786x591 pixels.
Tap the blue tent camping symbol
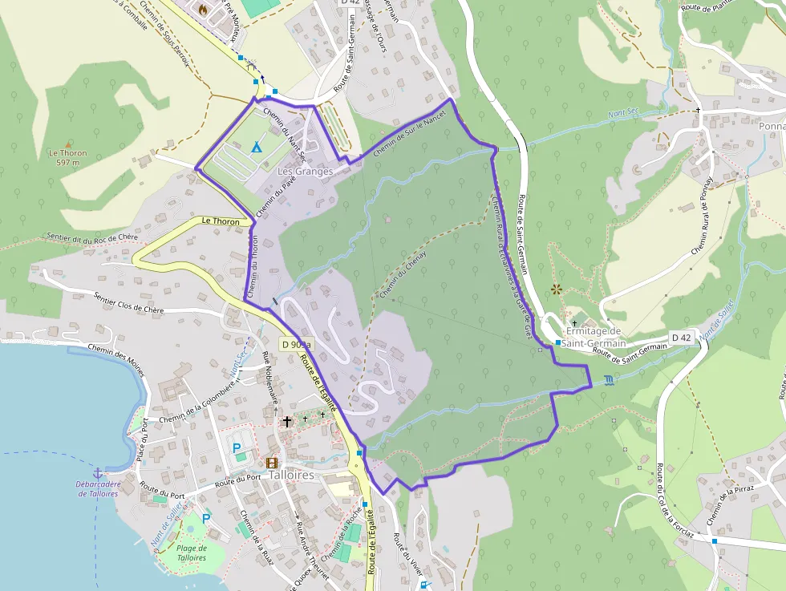pyautogui.click(x=256, y=147)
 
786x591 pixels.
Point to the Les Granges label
pyautogui.click(x=305, y=172)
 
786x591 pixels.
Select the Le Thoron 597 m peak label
pyautogui.click(x=67, y=157)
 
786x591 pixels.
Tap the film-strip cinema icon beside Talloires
pyautogui.click(x=272, y=463)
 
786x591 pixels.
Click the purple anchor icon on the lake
pyautogui.click(x=98, y=473)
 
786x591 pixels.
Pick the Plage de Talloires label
pyautogui.click(x=192, y=553)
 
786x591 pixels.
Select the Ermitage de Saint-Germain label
pyautogui.click(x=594, y=338)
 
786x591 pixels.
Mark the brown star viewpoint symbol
pyautogui.click(x=557, y=289)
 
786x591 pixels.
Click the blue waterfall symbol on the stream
pyautogui.click(x=610, y=379)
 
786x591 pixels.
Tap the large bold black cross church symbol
pyautogui.click(x=286, y=421)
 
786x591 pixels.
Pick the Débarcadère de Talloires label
pyautogui.click(x=98, y=488)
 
